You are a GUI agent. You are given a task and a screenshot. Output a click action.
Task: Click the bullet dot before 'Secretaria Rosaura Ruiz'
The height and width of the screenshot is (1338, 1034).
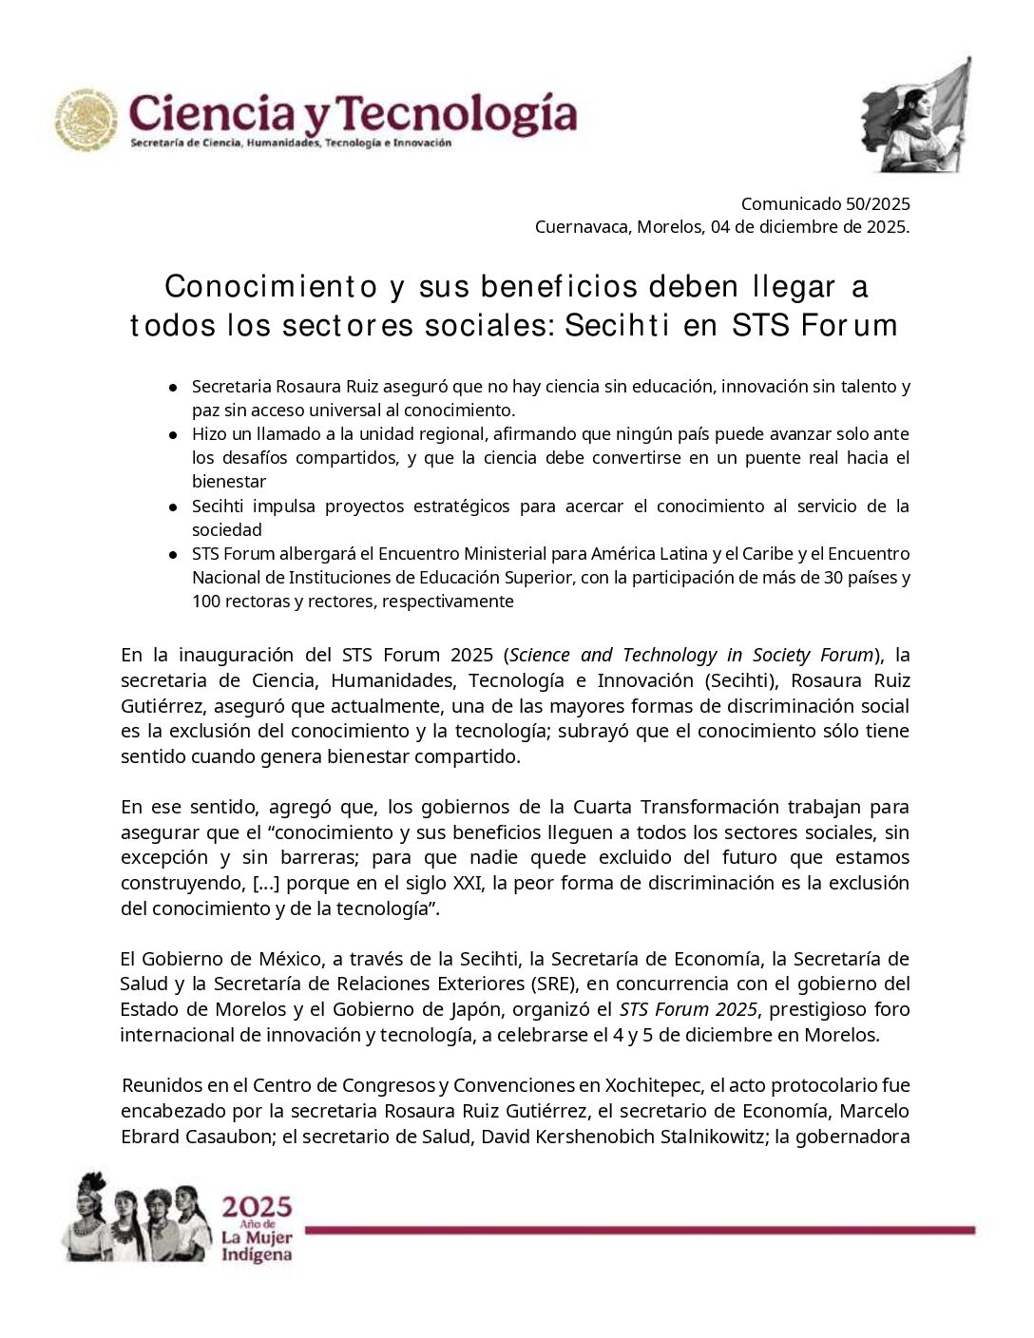pos(174,388)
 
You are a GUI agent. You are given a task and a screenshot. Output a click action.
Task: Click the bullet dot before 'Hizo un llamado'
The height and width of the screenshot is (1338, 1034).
pos(174,434)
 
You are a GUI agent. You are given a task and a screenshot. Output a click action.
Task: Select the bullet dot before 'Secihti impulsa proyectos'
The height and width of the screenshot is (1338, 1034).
pos(174,507)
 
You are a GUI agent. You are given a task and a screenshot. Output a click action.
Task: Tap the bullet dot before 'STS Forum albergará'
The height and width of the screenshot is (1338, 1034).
pos(174,554)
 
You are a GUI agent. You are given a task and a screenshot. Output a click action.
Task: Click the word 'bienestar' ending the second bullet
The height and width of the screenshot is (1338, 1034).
pos(229,482)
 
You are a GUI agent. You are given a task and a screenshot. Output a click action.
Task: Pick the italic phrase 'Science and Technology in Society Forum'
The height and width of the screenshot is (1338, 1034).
pos(691,655)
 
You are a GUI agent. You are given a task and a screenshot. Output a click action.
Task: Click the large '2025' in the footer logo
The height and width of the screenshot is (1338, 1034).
pos(257,1209)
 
